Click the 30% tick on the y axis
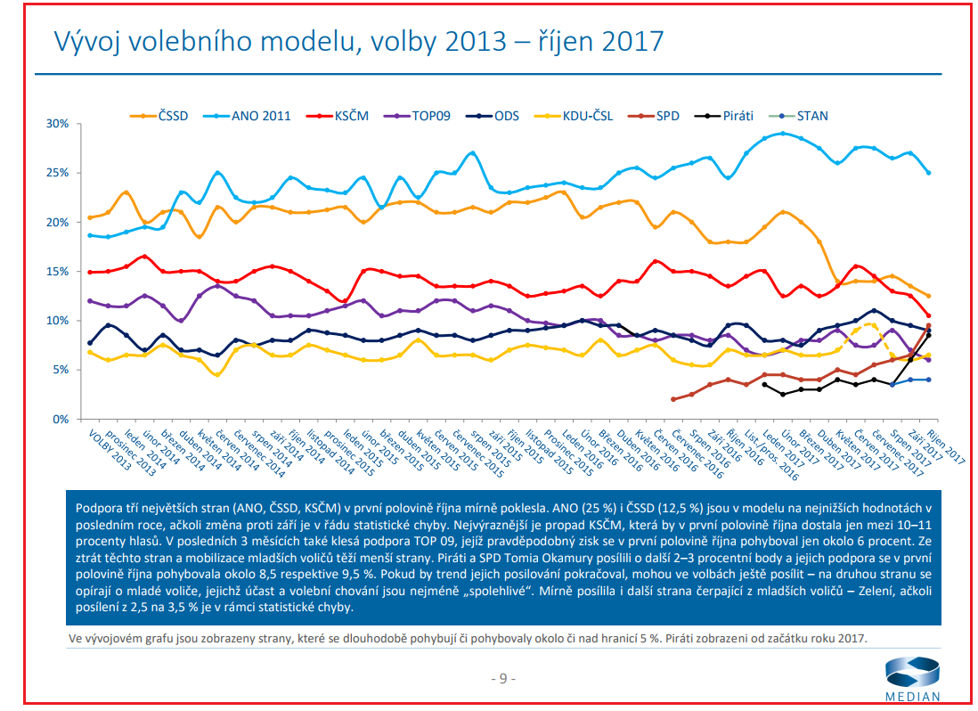pos(57,124)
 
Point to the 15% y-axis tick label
pos(57,271)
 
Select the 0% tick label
pos(61,419)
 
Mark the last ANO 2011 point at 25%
pos(928,172)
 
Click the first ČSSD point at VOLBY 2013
pos(90,217)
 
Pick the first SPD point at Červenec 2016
pos(673,399)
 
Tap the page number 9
pos(502,679)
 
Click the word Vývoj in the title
pos(87,41)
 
